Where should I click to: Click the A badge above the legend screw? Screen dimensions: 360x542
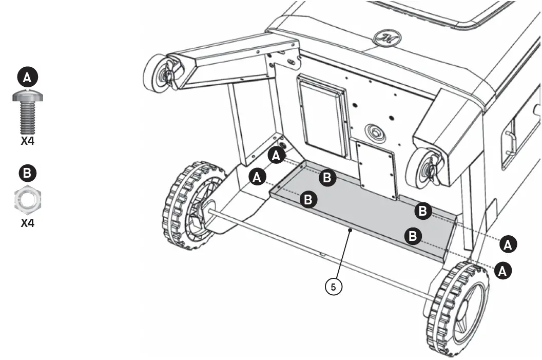click(27, 78)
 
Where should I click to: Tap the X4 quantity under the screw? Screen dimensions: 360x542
click(27, 141)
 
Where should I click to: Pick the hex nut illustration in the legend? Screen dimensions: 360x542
click(27, 200)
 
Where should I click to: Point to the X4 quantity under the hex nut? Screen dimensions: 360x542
click(27, 224)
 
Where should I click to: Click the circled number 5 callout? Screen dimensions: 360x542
click(333, 287)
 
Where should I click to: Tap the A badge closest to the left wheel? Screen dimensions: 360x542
click(257, 177)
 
